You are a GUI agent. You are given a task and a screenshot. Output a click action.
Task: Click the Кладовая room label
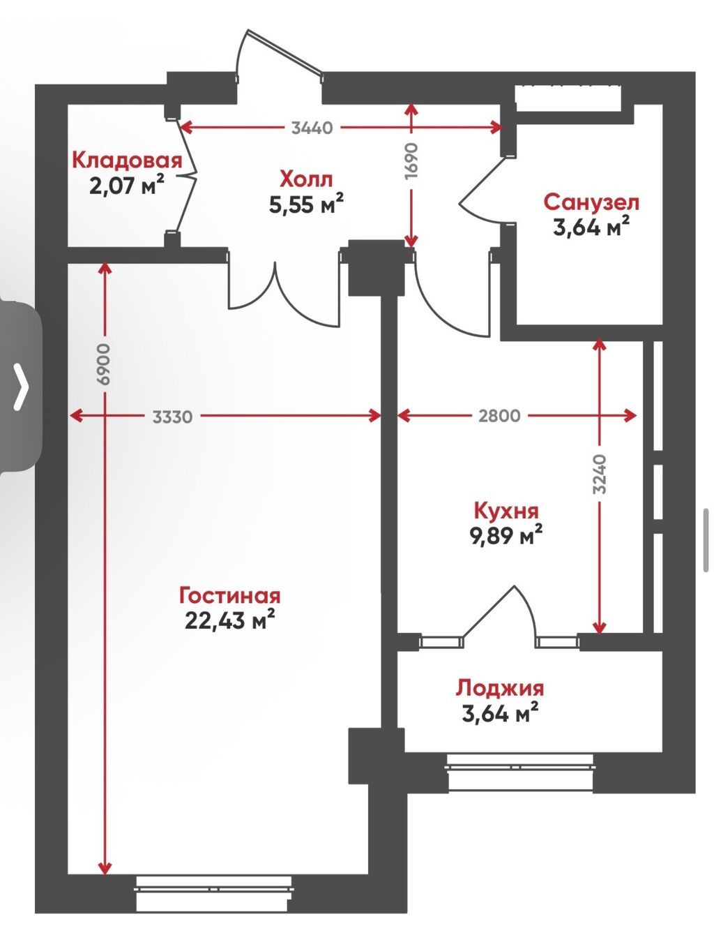click(127, 160)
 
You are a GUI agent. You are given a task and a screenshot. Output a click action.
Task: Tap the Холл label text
click(305, 179)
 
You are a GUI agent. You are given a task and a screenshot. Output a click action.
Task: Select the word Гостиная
click(230, 596)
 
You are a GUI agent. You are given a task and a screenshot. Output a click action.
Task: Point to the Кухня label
click(506, 511)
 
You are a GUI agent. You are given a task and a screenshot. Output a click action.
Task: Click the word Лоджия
click(500, 688)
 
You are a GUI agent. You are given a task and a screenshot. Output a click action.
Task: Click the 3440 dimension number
click(312, 128)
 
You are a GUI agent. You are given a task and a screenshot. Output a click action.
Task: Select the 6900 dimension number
click(103, 365)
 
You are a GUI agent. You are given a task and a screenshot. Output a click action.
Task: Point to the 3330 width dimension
click(172, 417)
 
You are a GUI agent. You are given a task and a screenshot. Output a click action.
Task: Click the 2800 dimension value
click(499, 416)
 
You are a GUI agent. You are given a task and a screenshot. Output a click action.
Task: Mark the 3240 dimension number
click(599, 474)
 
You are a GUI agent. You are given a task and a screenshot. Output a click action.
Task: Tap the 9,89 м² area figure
click(506, 535)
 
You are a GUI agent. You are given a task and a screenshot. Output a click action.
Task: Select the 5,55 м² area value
click(305, 204)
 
